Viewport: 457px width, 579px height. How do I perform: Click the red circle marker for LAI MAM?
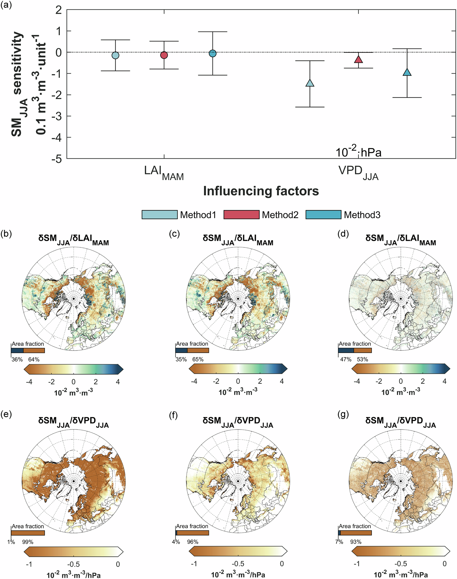(x=164, y=55)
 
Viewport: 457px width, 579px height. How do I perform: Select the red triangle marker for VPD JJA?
(x=359, y=59)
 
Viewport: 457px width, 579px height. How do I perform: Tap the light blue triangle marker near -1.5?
(x=310, y=83)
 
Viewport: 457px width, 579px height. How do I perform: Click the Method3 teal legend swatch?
(x=324, y=215)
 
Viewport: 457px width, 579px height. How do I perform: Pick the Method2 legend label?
(x=280, y=215)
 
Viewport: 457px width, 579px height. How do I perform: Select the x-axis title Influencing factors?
(x=261, y=191)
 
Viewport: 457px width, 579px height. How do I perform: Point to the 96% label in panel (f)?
(x=193, y=542)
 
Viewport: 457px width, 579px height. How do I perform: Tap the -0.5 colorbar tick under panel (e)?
(x=73, y=564)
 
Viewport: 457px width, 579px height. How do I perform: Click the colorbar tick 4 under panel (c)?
(x=282, y=381)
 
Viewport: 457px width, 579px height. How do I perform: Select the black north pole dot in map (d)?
(x=401, y=298)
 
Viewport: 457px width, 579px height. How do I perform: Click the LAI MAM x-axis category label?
(x=164, y=173)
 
